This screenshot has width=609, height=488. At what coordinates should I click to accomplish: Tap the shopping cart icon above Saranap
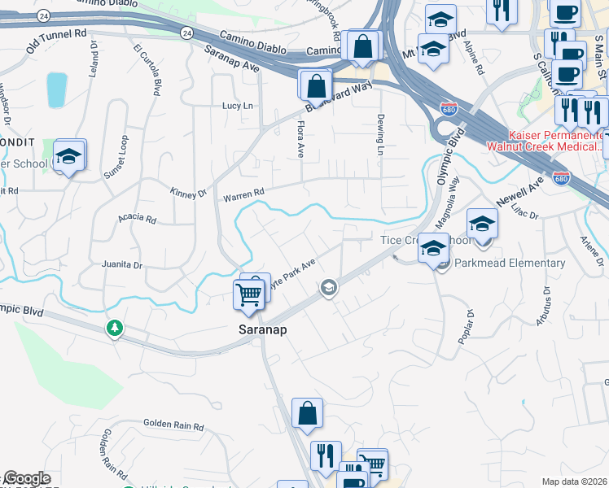(x=248, y=294)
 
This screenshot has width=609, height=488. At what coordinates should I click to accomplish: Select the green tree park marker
(x=115, y=328)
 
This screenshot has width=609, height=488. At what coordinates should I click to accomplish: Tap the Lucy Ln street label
(x=238, y=107)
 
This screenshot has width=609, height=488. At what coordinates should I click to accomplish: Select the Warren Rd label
(x=244, y=195)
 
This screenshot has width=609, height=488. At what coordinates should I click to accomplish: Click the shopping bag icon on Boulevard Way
(x=315, y=85)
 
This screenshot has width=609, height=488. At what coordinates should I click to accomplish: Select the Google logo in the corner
(x=27, y=478)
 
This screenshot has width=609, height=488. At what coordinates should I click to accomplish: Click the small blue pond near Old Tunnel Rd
(x=57, y=89)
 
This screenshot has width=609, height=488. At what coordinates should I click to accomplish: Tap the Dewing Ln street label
(x=380, y=135)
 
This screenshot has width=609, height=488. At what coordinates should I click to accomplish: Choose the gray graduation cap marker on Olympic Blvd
(x=329, y=286)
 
